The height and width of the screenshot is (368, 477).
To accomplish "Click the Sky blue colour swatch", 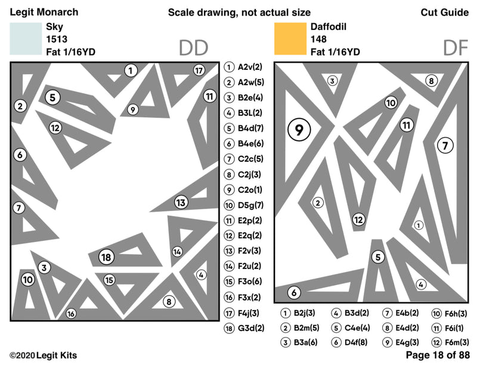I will coord(26,38).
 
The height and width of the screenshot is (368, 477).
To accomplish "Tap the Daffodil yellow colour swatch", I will coord(290,38).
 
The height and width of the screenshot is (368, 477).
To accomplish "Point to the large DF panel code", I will coord(456,48).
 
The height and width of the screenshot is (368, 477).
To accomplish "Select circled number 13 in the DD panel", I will coord(181,202).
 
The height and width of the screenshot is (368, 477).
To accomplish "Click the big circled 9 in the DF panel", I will coord(299,128).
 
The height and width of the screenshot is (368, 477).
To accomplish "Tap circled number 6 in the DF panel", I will coord(294,293).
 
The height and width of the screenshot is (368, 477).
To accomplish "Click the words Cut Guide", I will coord(444,13).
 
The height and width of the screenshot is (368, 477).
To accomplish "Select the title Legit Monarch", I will coord(44,13).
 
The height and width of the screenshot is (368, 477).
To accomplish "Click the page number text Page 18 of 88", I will coord(438,355).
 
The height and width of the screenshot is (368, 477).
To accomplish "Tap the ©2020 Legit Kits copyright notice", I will coord(43,355).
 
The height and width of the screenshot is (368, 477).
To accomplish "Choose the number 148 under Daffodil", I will coord(318,39).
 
